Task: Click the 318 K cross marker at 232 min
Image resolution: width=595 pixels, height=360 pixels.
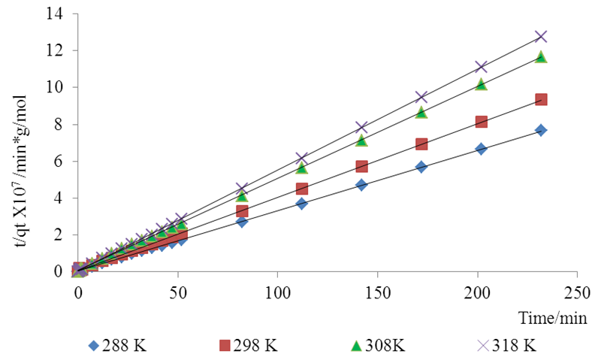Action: coord(540,36)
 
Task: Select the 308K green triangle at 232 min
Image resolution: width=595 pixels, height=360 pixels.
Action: coord(540,56)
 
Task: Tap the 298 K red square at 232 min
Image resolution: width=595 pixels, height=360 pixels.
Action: coord(540,99)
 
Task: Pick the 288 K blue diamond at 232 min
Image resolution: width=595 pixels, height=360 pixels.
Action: coord(540,130)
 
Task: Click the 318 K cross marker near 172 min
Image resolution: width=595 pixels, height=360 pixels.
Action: coord(421,97)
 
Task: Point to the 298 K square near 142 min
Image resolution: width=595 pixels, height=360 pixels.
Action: coord(361,166)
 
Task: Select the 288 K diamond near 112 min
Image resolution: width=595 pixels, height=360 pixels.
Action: coord(301,203)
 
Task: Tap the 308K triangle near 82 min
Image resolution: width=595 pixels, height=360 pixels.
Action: coord(242,196)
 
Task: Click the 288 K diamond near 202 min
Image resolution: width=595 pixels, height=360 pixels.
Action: coord(481,149)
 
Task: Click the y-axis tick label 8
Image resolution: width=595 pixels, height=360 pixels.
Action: coord(59,125)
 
